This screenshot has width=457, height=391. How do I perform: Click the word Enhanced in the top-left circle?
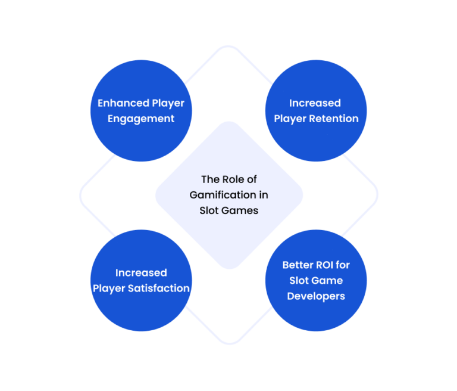[123, 103]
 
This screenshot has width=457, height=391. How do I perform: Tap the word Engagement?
[141, 119]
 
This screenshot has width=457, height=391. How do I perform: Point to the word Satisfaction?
[159, 288]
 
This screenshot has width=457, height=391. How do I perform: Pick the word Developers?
[316, 296]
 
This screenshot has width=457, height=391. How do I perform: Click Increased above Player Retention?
[315, 103]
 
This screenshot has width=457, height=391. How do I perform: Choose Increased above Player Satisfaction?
[141, 273]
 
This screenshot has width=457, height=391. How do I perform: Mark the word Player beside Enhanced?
[168, 103]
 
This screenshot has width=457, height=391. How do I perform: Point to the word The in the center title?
[210, 179]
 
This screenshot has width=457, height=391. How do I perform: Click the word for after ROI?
[343, 265]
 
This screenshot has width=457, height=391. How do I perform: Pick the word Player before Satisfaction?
[109, 289]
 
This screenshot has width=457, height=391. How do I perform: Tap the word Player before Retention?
[290, 119]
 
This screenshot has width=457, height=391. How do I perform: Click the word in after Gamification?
[264, 195]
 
